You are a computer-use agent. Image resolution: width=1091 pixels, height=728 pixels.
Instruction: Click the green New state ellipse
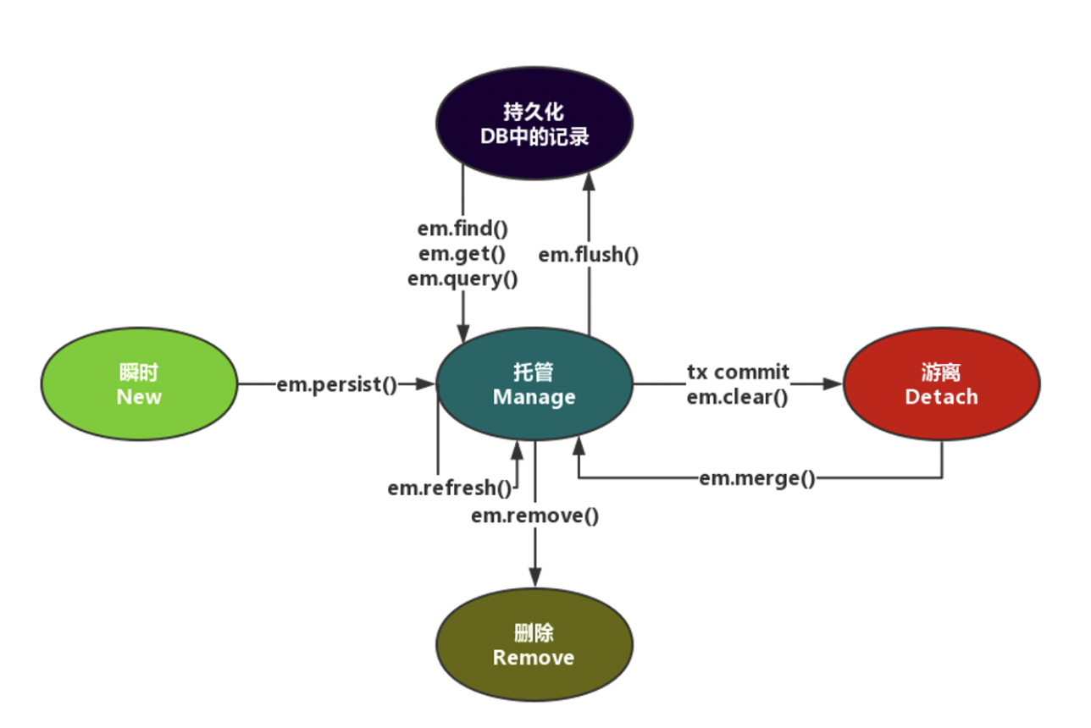point(139,384)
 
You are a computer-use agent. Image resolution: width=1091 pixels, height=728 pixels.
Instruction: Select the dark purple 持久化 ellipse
point(534,124)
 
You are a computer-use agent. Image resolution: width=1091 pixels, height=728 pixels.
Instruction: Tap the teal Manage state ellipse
point(534,384)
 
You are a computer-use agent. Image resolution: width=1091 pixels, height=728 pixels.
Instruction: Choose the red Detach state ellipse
point(941,384)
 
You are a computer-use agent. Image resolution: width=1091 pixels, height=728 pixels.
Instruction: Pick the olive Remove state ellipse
point(534,645)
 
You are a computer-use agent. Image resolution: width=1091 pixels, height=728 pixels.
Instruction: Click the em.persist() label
point(336,384)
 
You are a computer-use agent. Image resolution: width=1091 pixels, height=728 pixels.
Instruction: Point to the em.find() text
point(462,229)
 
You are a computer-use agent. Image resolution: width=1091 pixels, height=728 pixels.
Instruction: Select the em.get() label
point(462,253)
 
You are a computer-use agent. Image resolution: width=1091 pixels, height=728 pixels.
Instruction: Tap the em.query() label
point(462,278)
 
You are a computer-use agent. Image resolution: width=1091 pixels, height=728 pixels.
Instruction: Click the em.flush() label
point(589,253)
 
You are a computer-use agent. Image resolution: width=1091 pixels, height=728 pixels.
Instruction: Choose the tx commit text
point(738,372)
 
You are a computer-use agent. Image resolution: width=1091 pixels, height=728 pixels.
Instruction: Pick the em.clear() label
point(738,396)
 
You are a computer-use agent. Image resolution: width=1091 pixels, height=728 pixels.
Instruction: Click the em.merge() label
point(757,478)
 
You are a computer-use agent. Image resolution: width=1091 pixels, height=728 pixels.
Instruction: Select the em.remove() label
point(534,515)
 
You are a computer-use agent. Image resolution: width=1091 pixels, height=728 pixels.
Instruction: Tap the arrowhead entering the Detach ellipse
point(833,384)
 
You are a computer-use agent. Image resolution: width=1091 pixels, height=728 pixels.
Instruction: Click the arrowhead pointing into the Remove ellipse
point(534,578)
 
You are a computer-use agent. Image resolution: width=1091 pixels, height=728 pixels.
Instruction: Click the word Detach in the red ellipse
point(941,396)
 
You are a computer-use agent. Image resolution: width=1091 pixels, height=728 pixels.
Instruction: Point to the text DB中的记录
point(534,136)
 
